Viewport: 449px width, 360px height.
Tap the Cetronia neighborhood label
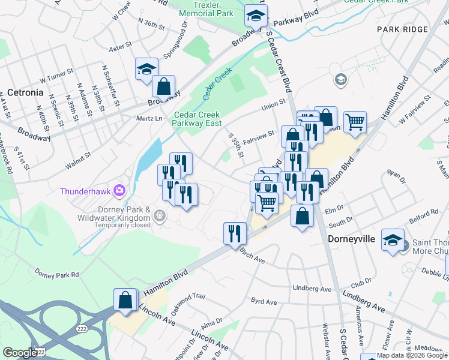click(x=25, y=92)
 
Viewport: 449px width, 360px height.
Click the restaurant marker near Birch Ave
click(x=234, y=233)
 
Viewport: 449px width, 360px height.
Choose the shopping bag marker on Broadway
click(x=163, y=86)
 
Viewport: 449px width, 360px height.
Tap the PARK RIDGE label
click(x=403, y=29)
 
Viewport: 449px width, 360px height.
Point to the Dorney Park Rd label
click(x=57, y=274)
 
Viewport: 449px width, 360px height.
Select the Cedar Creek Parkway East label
click(x=197, y=119)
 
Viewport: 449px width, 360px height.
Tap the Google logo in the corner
click(x=20, y=352)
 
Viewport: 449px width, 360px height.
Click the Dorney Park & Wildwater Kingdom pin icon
click(x=160, y=215)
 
